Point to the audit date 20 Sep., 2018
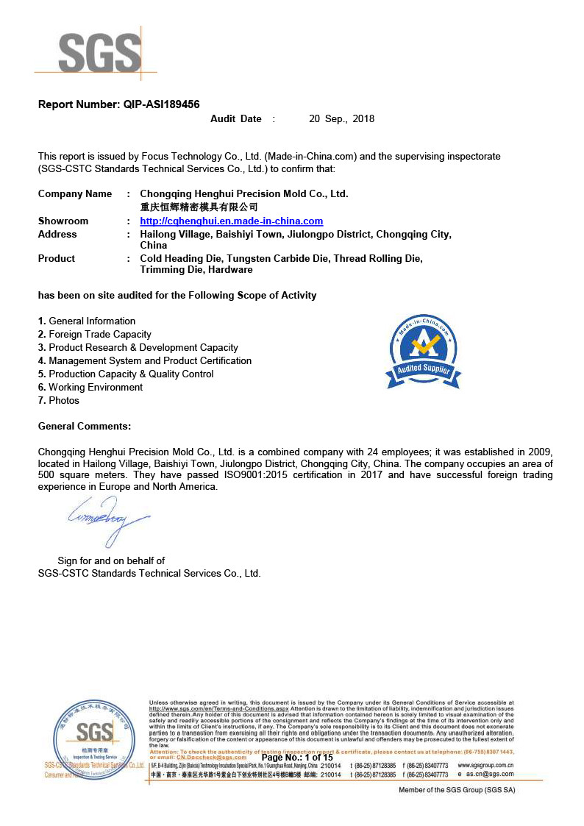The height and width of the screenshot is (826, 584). [341, 118]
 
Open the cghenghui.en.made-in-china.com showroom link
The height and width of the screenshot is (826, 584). [231, 221]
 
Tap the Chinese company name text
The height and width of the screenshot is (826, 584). [199, 207]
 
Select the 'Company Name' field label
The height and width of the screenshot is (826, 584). [75, 194]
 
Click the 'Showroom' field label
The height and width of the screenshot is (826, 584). [63, 221]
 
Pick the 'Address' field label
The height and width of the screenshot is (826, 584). [57, 234]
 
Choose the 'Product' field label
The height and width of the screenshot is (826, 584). [57, 258]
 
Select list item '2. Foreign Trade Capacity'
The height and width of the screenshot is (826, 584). [94, 334]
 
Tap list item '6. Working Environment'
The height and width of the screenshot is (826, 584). [90, 387]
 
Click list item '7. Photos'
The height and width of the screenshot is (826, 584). [59, 400]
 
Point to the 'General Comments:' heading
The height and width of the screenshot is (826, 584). [85, 426]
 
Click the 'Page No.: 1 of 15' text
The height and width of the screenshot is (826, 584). [297, 758]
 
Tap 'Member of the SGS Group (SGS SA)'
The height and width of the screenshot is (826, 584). [456, 790]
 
